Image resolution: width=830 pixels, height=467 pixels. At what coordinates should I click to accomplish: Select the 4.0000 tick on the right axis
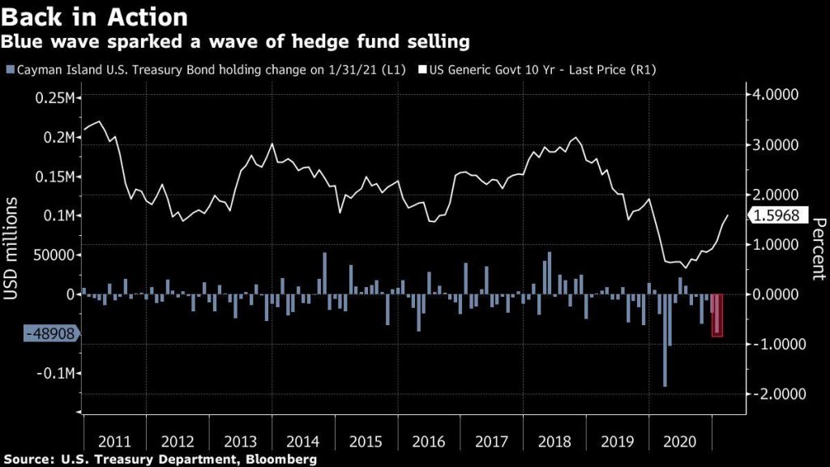(x=777, y=95)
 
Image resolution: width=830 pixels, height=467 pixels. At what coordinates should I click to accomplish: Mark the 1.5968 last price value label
(x=777, y=216)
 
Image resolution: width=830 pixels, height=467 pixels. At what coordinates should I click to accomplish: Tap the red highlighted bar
(x=717, y=315)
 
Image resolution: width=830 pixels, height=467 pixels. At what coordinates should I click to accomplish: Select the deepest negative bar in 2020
(x=665, y=341)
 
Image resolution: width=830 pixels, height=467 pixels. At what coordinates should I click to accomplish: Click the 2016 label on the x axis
(x=429, y=442)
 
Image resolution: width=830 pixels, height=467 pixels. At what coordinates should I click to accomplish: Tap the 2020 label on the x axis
(x=680, y=442)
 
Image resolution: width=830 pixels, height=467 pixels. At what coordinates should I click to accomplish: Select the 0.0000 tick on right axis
(x=777, y=294)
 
